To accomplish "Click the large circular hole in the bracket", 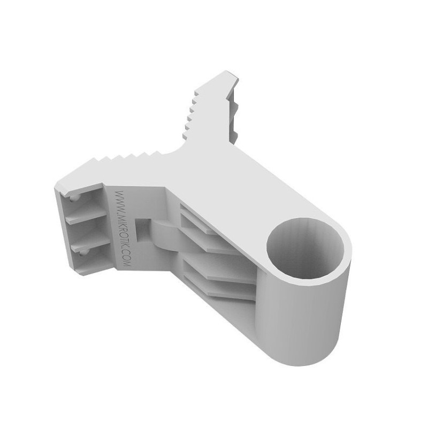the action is [x=305, y=248].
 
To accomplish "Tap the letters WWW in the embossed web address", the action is [x=119, y=200].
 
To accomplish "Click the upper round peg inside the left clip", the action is [x=73, y=198].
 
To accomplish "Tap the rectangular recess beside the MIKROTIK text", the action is [x=142, y=230].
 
